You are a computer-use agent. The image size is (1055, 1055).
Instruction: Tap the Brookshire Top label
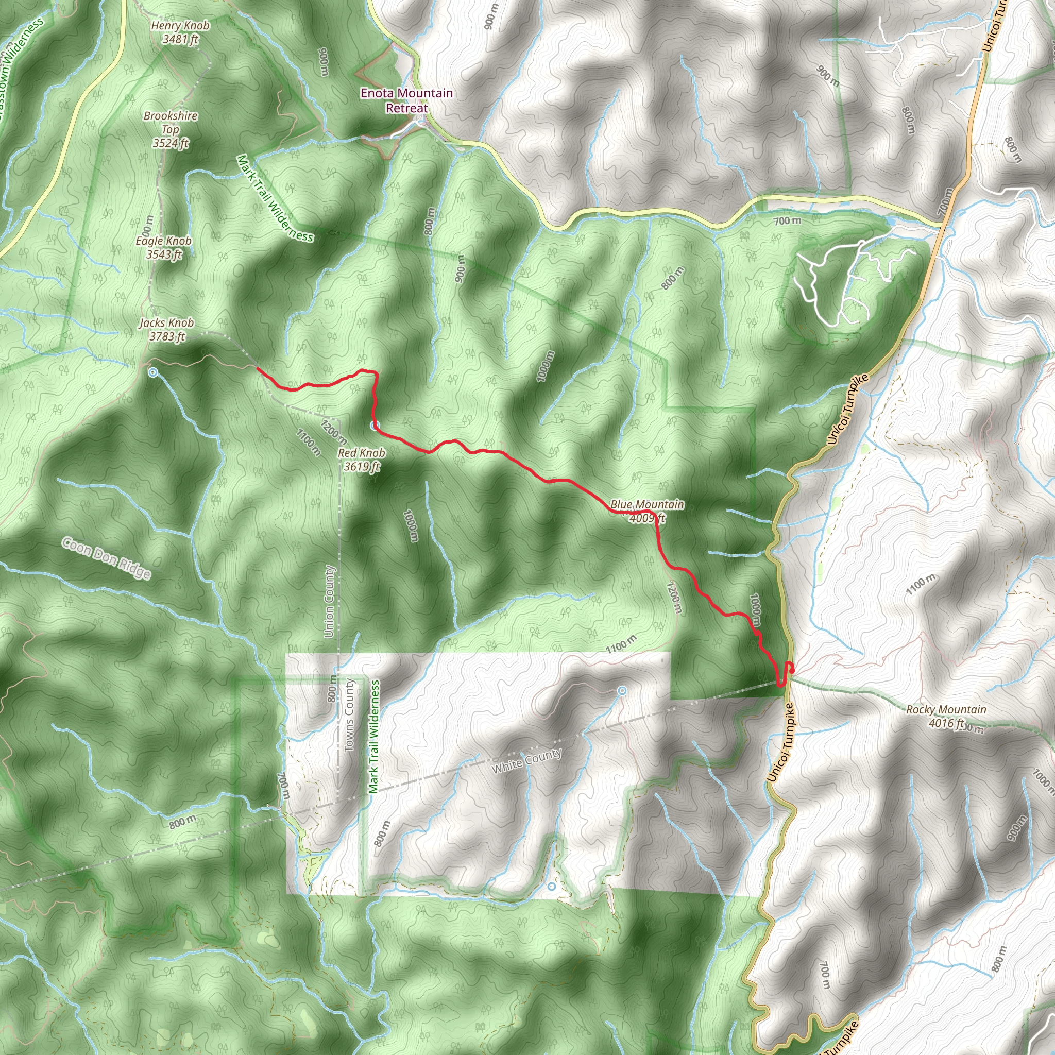pyautogui.click(x=171, y=129)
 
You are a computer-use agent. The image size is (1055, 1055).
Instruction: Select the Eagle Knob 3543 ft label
pyautogui.click(x=163, y=247)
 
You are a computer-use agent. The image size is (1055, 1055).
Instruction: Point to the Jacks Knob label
pyautogui.click(x=166, y=329)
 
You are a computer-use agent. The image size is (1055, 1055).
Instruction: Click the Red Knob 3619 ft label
pyautogui.click(x=362, y=459)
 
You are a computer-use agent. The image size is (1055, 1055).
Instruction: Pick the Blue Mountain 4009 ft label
pyautogui.click(x=647, y=511)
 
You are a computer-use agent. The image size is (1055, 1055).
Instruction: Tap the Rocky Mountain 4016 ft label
pyautogui.click(x=946, y=716)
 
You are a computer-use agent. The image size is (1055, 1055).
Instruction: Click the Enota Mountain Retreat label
pyautogui.click(x=407, y=100)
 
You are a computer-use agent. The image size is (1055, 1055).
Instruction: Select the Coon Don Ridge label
pyautogui.click(x=107, y=557)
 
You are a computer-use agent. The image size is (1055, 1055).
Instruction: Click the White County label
pyautogui.click(x=526, y=761)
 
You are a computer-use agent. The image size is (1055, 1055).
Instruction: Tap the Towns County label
pyautogui.click(x=349, y=715)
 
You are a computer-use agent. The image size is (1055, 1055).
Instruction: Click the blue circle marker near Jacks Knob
pyautogui.click(x=153, y=372)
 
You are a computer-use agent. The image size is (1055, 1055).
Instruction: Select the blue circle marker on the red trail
pyautogui.click(x=374, y=426)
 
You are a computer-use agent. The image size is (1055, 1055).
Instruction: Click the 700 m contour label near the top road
pyautogui.click(x=788, y=220)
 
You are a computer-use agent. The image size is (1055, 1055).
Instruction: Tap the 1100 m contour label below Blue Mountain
pyautogui.click(x=621, y=645)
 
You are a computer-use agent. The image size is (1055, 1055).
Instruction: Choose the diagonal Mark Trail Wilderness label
pyautogui.click(x=275, y=198)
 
